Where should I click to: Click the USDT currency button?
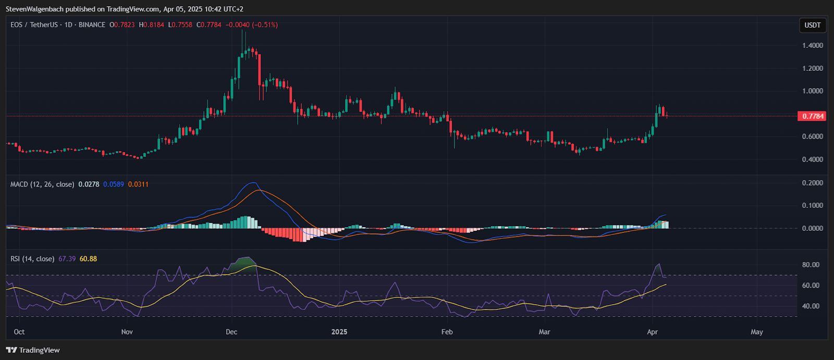(813, 25)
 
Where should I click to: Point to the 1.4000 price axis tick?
(813, 46)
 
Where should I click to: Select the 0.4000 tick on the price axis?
(813, 159)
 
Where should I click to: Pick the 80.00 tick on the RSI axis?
(811, 265)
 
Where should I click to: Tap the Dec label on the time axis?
(231, 332)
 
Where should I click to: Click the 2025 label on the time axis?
(339, 332)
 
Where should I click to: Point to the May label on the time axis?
(757, 332)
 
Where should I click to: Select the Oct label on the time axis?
(19, 332)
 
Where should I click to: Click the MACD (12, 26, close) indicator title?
(42, 184)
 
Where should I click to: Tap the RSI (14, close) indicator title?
(32, 259)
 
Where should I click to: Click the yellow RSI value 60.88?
(88, 259)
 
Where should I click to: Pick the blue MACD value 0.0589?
(114, 184)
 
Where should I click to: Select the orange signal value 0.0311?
(138, 184)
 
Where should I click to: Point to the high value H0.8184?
(151, 25)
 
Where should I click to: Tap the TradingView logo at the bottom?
(33, 350)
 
